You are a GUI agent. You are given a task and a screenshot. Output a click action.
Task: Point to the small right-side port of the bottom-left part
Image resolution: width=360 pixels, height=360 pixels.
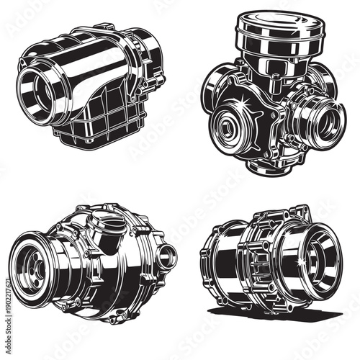(167, 253)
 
